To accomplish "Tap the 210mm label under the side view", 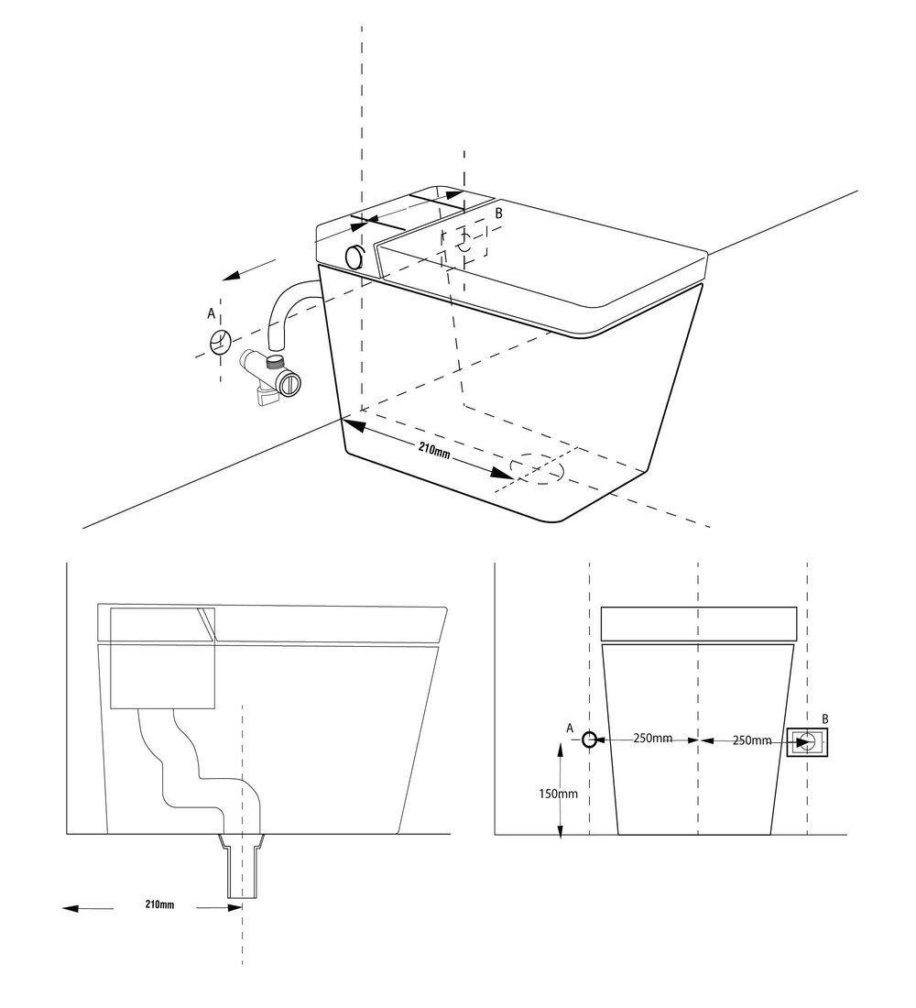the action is pos(159,904).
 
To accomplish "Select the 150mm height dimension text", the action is pos(558,794).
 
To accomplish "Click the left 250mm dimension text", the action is pos(652,738).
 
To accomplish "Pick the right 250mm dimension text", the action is pos(752,740).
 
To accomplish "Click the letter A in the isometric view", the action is pos(211,313).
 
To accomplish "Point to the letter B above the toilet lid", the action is pos(498,214).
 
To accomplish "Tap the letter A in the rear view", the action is pos(569,729).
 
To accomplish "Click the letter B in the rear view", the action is pos(825,719).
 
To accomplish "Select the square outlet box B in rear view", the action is pos(807,742).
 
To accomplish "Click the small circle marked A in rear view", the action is pos(590,740).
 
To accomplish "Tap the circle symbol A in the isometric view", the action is pos(221,342).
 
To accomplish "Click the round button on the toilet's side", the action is pos(354,257).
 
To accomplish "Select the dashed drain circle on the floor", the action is pos(538,468).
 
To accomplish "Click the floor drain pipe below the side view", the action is pos(242,866).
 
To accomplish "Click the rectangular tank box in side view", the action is pos(163,658).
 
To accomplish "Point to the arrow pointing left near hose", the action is pos(249,270).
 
